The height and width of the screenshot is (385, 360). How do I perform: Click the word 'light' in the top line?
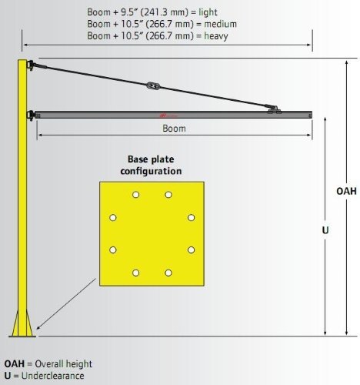[208, 12]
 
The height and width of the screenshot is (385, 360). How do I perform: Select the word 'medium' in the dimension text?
[220, 24]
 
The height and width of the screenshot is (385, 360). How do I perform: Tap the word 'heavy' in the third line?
[216, 36]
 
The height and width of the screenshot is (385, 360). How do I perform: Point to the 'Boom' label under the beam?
[174, 129]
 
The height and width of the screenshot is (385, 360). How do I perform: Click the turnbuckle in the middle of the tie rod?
[153, 85]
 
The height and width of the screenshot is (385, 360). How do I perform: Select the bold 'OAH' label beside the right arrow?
[346, 191]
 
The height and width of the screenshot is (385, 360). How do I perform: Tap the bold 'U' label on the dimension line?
[325, 230]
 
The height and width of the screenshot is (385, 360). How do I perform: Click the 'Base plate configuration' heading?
[151, 165]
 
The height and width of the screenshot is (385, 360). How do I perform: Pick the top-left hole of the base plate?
[136, 195]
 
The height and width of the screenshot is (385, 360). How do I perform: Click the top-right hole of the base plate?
[168, 195]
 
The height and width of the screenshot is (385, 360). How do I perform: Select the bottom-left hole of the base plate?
[136, 273]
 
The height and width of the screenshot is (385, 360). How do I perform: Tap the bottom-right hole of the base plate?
[168, 273]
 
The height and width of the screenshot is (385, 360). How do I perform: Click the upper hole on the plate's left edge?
[113, 218]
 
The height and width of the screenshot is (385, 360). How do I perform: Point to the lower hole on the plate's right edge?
[191, 249]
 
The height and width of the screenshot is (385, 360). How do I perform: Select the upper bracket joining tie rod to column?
[31, 65]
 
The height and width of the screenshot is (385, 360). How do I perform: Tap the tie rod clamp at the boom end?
[274, 109]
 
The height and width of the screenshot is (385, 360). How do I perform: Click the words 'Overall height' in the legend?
[63, 364]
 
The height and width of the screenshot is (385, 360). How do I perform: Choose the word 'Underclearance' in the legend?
[53, 376]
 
